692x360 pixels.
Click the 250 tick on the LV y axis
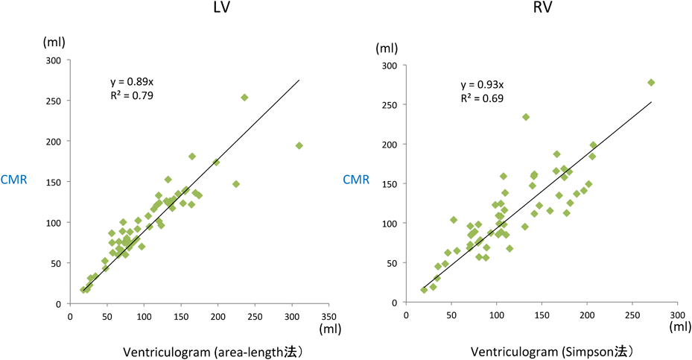(x=54, y=101)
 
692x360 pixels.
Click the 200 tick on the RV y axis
(x=388, y=144)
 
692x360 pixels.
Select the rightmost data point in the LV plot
(x=299, y=146)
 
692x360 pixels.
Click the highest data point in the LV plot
(x=244, y=98)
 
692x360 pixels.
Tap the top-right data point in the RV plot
(x=651, y=83)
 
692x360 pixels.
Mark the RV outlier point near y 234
(x=525, y=117)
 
